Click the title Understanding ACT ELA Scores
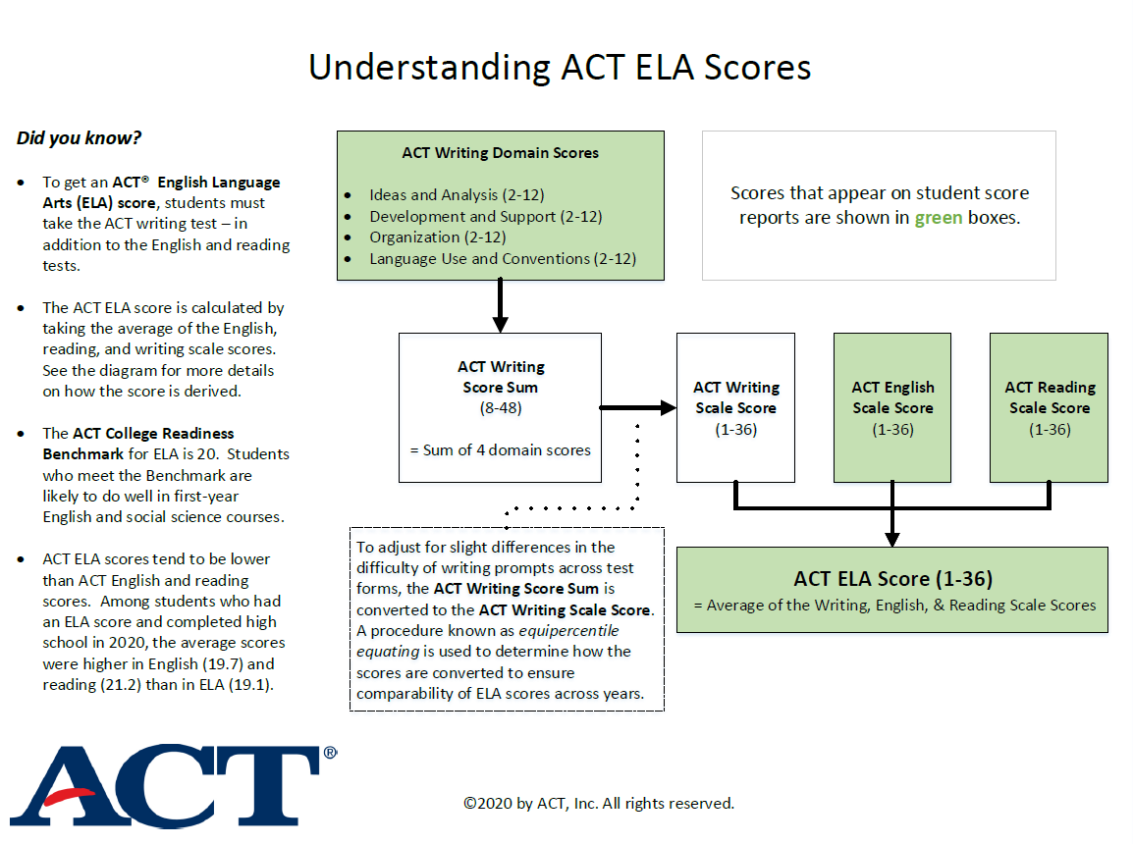(560, 67)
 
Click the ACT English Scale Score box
(892, 407)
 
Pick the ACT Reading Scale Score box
(1049, 407)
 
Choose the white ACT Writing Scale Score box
(735, 407)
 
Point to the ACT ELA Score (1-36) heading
(892, 578)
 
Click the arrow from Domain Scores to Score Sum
(500, 305)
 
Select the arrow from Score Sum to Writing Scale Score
(638, 407)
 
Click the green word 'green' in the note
(938, 218)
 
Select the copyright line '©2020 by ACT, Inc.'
(599, 803)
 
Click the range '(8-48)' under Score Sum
(500, 407)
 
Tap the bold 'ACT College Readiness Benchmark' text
(138, 443)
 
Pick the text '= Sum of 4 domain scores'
(500, 450)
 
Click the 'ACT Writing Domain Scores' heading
(500, 153)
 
